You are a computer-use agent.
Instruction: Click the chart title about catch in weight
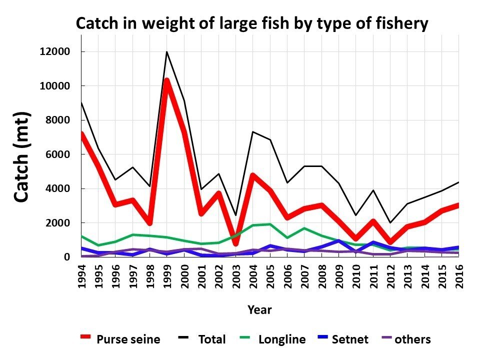tap(252, 23)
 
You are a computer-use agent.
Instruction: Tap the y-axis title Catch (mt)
tap(21, 156)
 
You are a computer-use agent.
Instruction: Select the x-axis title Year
tap(260, 310)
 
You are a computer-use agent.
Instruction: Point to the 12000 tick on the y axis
tap(55, 52)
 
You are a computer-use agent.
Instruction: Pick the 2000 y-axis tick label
tap(58, 223)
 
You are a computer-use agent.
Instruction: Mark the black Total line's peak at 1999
tap(166, 51)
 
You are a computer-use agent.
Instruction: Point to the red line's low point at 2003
tap(235, 243)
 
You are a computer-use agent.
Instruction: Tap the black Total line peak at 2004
tap(253, 132)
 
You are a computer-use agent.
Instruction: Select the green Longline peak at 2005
tap(270, 224)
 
